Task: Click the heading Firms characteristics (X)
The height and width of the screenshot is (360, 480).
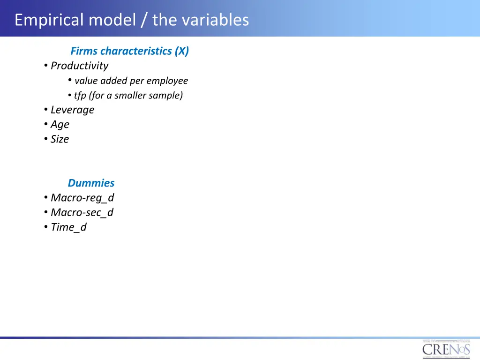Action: point(129,51)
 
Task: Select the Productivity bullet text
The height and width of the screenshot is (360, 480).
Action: point(79,66)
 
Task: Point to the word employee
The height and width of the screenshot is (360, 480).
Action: point(167,81)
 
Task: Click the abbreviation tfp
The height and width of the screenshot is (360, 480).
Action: point(80,96)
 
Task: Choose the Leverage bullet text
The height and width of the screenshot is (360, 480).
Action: point(72,110)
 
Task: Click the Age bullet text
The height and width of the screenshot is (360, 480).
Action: point(60,124)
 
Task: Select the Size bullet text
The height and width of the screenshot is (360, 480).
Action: point(60,139)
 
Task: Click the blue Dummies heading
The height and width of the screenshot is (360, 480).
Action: point(91,183)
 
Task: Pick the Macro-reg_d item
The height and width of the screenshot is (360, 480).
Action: point(82,198)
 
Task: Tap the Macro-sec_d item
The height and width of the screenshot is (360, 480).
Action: point(82,212)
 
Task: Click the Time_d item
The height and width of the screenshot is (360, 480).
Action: point(68,227)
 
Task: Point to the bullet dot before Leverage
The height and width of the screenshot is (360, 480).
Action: point(46,110)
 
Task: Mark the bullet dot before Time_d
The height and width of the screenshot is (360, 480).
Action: point(46,227)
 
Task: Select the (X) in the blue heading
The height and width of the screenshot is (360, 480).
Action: point(182,51)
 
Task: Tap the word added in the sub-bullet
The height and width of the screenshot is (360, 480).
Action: point(111,81)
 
